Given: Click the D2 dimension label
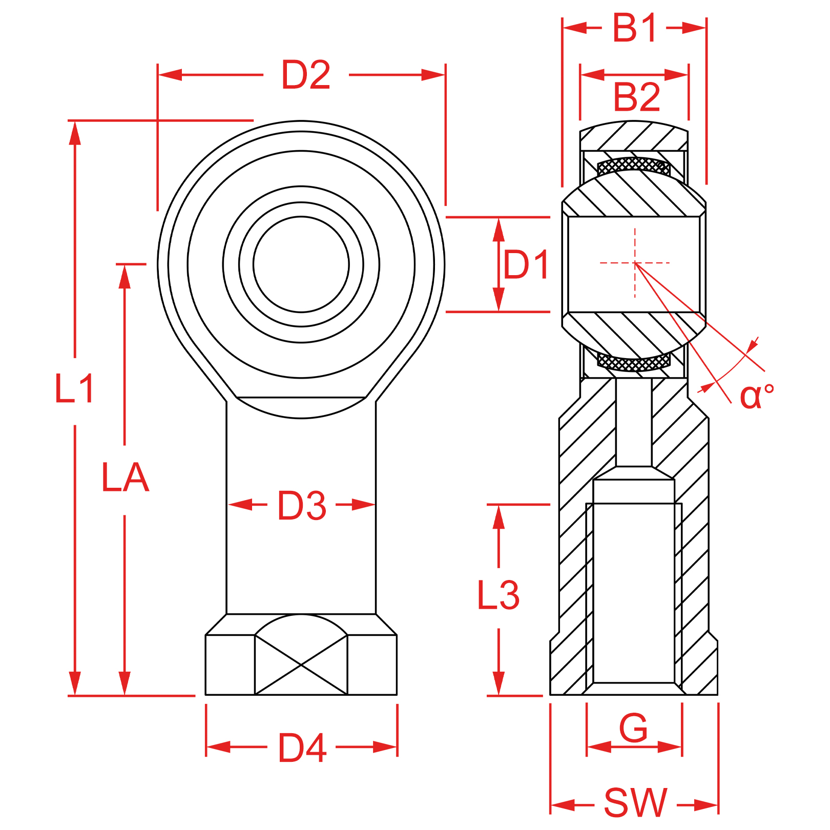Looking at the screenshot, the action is [306, 75].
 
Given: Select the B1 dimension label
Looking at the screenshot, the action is [634, 28].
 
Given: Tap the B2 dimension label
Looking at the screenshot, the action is [637, 97].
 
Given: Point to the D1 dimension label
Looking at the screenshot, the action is [526, 264].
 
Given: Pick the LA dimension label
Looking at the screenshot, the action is [125, 478].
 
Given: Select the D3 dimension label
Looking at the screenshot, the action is [302, 506].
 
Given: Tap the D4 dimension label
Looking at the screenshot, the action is [302, 748].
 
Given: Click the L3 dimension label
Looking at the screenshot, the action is [498, 595].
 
